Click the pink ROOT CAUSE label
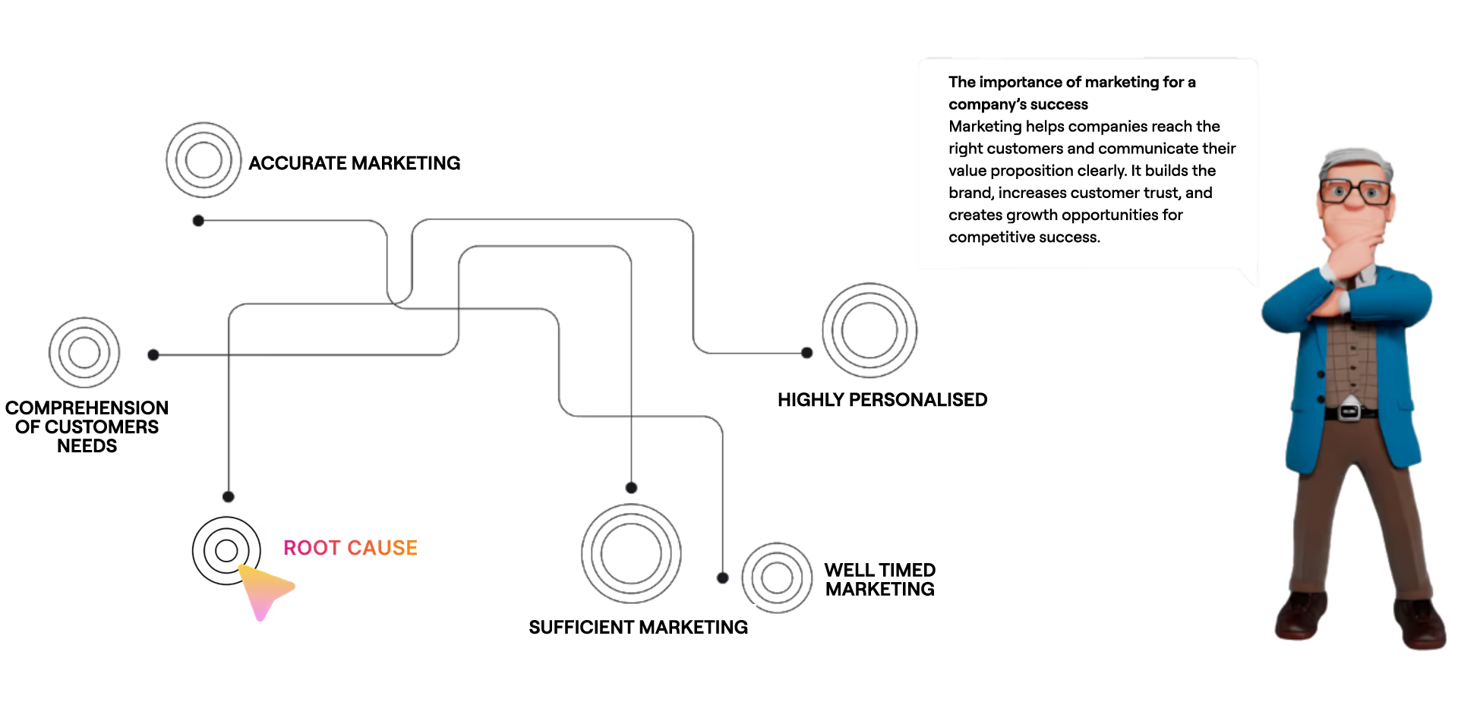(x=350, y=547)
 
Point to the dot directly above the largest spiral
(x=631, y=487)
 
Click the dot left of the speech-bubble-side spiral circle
(x=806, y=353)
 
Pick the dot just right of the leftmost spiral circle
(x=153, y=355)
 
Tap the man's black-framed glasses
(x=1355, y=191)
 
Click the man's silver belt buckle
(x=1349, y=411)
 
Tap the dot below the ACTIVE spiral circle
(x=197, y=221)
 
